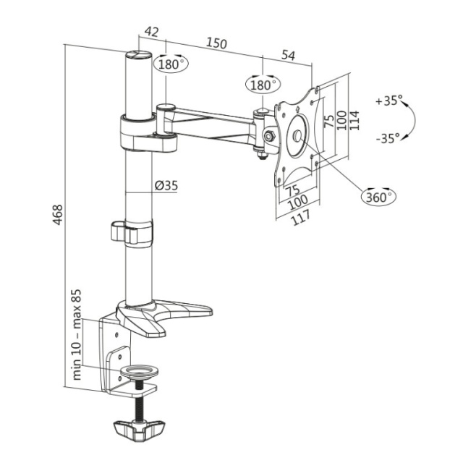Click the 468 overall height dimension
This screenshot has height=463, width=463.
(58, 215)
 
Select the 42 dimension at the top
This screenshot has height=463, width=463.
(151, 32)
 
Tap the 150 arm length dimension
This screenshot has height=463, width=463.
(216, 43)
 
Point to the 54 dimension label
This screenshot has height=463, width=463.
(288, 55)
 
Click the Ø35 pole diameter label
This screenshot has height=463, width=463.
(166, 186)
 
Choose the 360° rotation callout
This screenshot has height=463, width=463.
(379, 196)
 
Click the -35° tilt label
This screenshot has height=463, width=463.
(388, 138)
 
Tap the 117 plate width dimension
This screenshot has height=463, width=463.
(301, 217)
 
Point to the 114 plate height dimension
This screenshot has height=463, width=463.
(354, 120)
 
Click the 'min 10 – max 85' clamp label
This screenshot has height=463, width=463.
(76, 334)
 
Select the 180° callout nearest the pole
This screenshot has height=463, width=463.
(171, 64)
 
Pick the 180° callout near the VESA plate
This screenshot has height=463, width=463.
(263, 85)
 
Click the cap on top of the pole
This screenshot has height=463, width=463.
(138, 55)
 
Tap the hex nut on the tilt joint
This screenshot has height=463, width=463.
(269, 137)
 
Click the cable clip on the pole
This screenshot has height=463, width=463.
(132, 232)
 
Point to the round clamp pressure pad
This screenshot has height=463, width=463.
(139, 372)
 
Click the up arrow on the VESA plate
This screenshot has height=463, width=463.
(297, 109)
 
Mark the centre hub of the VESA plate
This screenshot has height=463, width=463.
(297, 135)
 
